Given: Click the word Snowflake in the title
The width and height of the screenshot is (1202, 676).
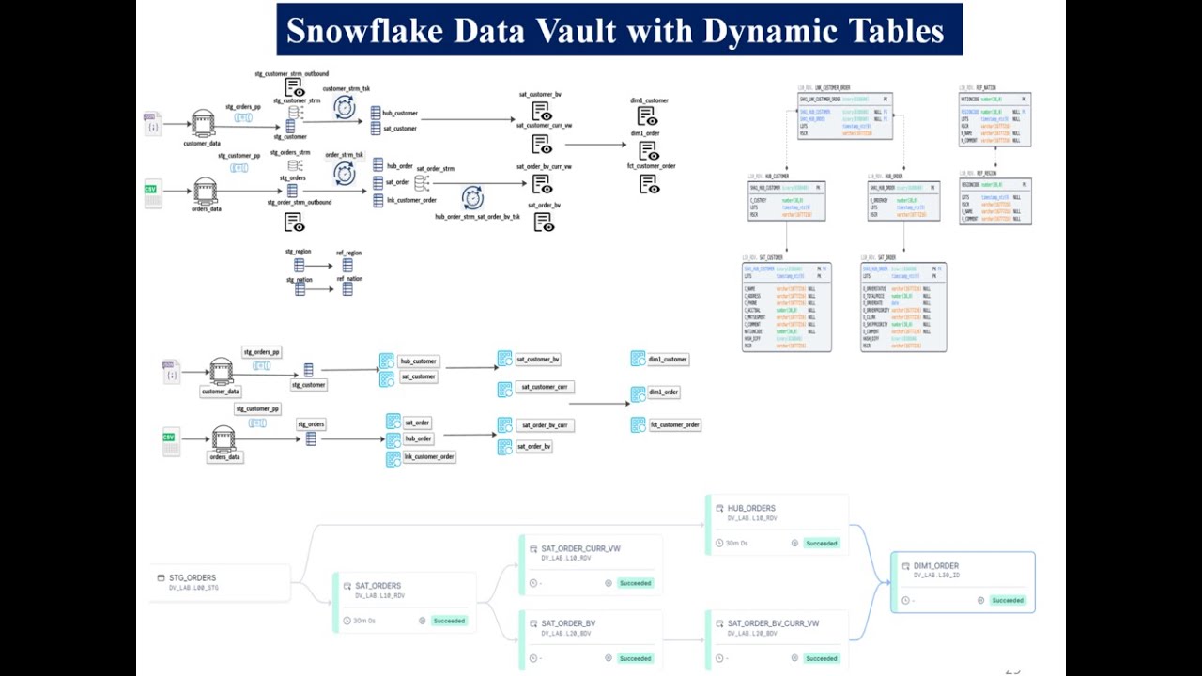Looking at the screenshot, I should click(363, 31).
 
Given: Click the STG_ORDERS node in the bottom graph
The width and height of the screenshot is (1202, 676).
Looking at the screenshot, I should click(193, 578).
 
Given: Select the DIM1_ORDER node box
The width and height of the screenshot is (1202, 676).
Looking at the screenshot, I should click(963, 582).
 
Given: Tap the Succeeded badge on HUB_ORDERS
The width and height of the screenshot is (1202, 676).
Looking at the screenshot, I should click(821, 544).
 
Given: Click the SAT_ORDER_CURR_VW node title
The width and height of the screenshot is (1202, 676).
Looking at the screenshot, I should click(580, 548).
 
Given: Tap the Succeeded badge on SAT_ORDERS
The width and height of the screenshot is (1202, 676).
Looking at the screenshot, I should click(449, 621).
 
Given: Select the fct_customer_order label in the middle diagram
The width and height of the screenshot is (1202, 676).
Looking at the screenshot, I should click(675, 424).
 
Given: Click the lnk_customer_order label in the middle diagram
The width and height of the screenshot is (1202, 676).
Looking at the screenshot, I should click(428, 456).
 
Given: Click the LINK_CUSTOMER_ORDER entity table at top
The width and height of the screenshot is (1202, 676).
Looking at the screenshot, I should click(845, 115).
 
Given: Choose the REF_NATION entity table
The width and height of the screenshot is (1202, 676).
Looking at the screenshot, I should click(994, 119).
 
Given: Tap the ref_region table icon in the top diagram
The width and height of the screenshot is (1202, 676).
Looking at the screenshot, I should click(347, 266).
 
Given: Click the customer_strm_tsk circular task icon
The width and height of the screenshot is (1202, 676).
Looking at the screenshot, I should click(345, 108).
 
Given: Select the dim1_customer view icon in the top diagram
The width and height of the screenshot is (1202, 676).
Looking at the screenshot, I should click(647, 116).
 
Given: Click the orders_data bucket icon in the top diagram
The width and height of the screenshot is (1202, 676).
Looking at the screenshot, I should click(206, 192).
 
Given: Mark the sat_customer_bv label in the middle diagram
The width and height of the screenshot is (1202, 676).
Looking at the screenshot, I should click(538, 359).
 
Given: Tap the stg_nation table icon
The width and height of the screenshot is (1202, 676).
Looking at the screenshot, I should click(300, 289).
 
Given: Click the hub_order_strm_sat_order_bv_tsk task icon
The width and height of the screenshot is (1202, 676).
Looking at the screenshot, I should click(472, 198).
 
